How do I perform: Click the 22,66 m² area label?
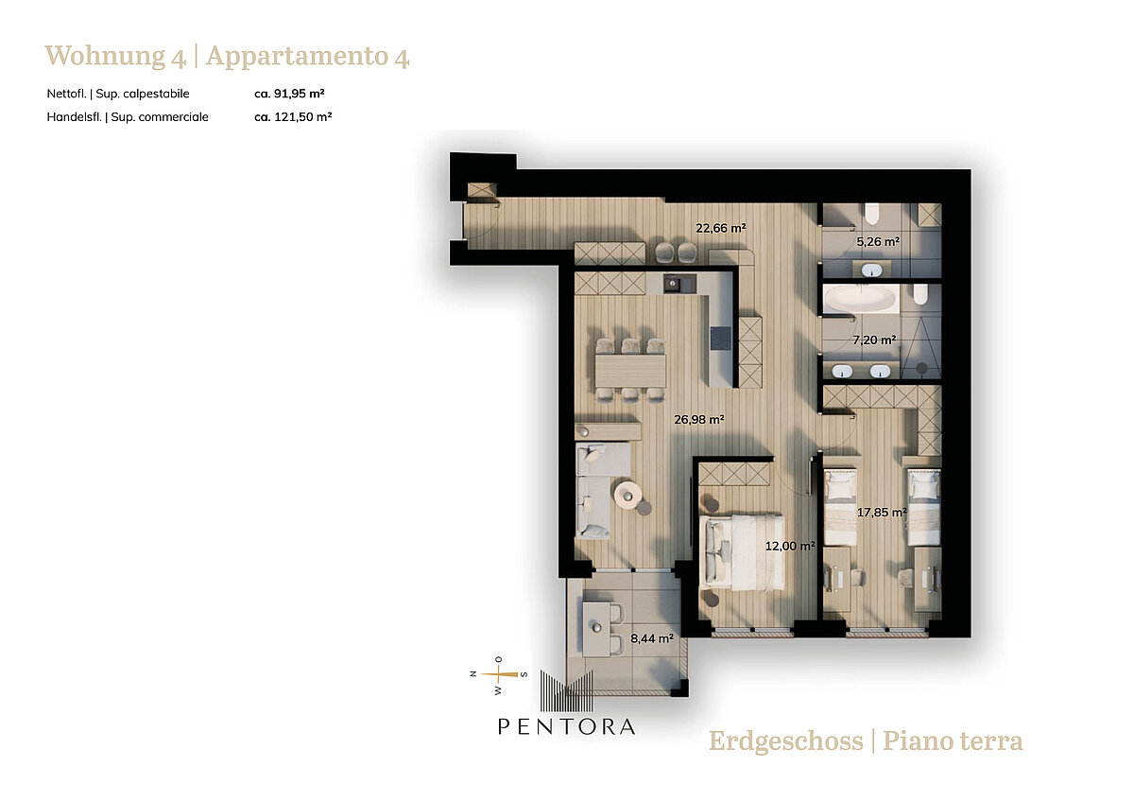[720, 228]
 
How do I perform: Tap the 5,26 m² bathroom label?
[878, 242]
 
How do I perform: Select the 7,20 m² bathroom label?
[874, 340]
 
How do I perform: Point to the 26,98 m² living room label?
[698, 420]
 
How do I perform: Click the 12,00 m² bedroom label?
[790, 546]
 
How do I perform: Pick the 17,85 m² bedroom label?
[882, 513]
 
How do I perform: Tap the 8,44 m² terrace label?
[651, 638]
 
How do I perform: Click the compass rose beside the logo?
[499, 674]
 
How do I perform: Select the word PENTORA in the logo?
[566, 726]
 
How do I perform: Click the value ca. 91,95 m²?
[289, 94]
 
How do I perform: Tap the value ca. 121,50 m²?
[293, 116]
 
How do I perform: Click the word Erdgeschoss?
[785, 741]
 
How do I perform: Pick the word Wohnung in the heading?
[105, 56]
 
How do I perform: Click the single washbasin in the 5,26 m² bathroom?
[871, 270]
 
